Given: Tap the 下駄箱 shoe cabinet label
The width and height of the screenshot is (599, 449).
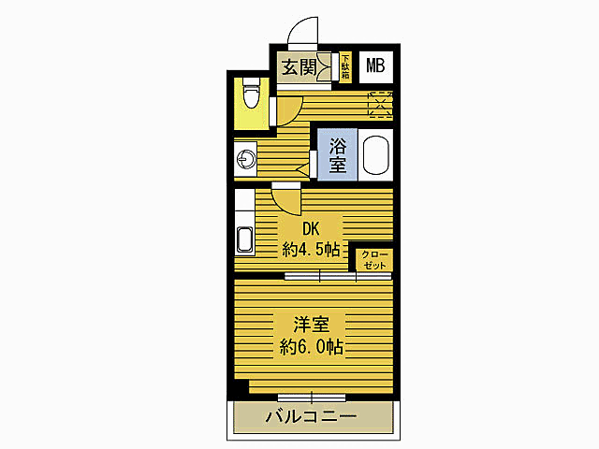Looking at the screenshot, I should tap(344, 67).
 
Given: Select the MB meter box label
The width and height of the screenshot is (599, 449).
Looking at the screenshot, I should tap(375, 65).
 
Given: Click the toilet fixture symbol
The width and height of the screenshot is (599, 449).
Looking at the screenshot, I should tap(250, 94).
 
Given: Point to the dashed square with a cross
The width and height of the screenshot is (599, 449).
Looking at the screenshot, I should tap(379, 105).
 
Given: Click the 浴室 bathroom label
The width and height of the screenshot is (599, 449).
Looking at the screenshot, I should tap(337, 155).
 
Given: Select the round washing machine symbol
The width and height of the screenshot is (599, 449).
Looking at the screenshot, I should tap(246, 158).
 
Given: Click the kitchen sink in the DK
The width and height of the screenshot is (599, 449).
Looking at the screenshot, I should tap(245, 240).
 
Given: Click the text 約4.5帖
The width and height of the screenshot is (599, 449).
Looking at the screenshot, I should tap(311, 251).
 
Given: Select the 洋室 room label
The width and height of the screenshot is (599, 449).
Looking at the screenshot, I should tap(311, 326).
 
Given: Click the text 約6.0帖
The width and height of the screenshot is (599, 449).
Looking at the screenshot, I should tap(311, 348).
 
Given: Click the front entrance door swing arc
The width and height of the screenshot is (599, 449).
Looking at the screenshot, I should tap(304, 31).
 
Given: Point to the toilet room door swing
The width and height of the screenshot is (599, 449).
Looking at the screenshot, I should tap(286, 110).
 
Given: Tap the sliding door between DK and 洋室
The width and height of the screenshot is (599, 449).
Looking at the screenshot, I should tap(319, 276).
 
